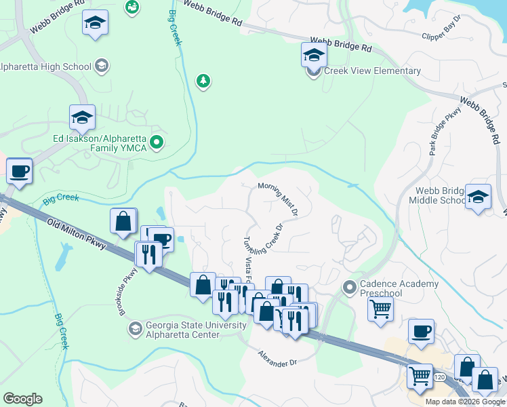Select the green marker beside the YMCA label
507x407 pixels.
tap(157, 142)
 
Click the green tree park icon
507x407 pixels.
tap(202, 81)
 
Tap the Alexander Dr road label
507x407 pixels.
tap(277, 358)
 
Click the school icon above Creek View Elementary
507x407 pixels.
tap(314, 54)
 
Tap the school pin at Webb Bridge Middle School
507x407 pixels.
tap(479, 197)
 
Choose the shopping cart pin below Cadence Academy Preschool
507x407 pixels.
tap(381, 309)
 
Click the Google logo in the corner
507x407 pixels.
tap(22, 399)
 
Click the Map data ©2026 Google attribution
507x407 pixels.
tap(465, 402)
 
